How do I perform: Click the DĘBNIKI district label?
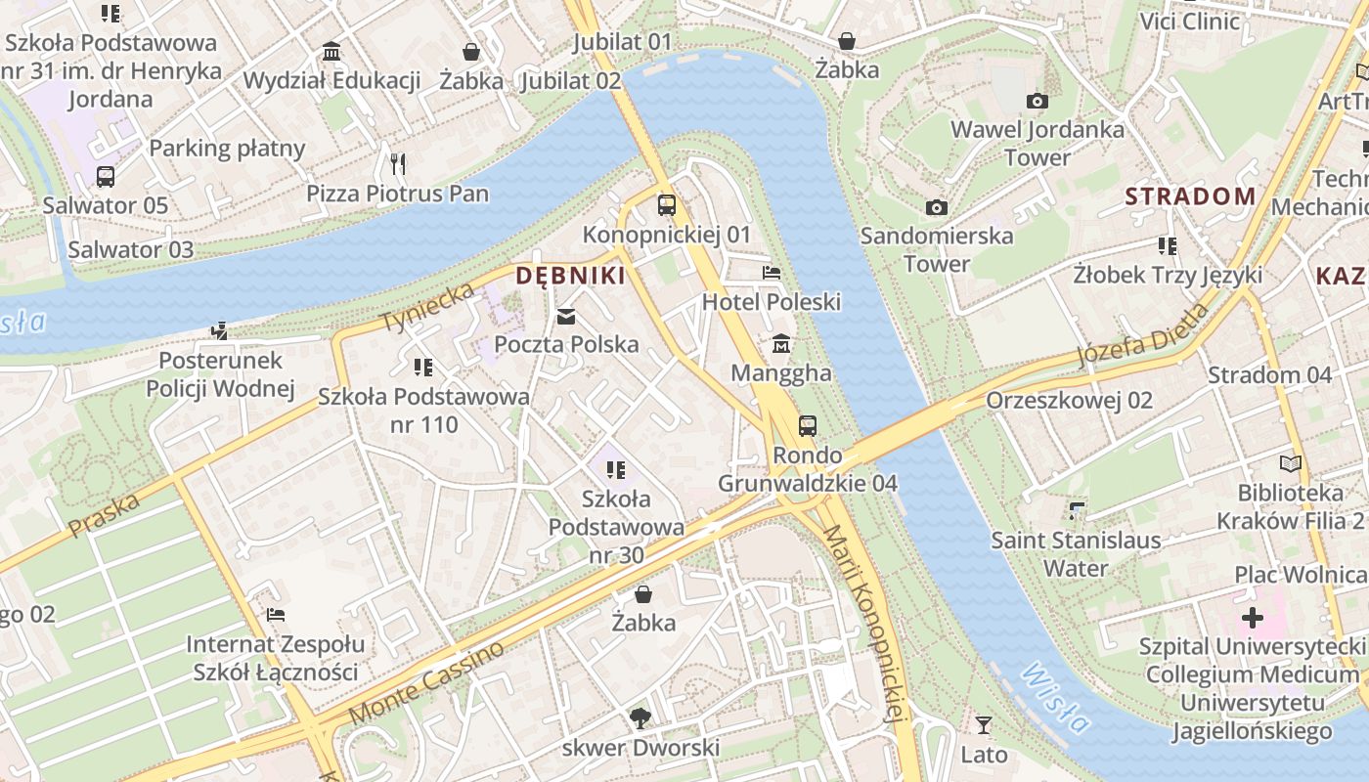click(570, 276)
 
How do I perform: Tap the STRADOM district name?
click(1190, 196)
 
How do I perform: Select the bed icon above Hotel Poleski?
click(772, 273)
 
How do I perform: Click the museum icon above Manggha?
click(781, 344)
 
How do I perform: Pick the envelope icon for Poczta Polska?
click(566, 316)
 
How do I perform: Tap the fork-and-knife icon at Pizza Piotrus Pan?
click(397, 163)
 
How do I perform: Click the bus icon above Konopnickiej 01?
click(667, 205)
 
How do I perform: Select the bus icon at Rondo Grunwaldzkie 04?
click(808, 426)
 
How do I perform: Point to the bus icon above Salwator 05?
click(106, 177)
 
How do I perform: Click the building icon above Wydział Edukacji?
click(331, 52)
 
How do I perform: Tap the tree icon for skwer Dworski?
click(640, 719)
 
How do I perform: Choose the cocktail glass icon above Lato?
click(984, 725)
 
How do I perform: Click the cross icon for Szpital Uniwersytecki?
click(1253, 618)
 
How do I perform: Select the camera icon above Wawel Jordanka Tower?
click(1038, 101)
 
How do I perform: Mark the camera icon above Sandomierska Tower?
click(937, 207)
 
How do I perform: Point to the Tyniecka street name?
click(427, 307)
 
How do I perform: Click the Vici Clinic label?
click(1189, 22)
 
